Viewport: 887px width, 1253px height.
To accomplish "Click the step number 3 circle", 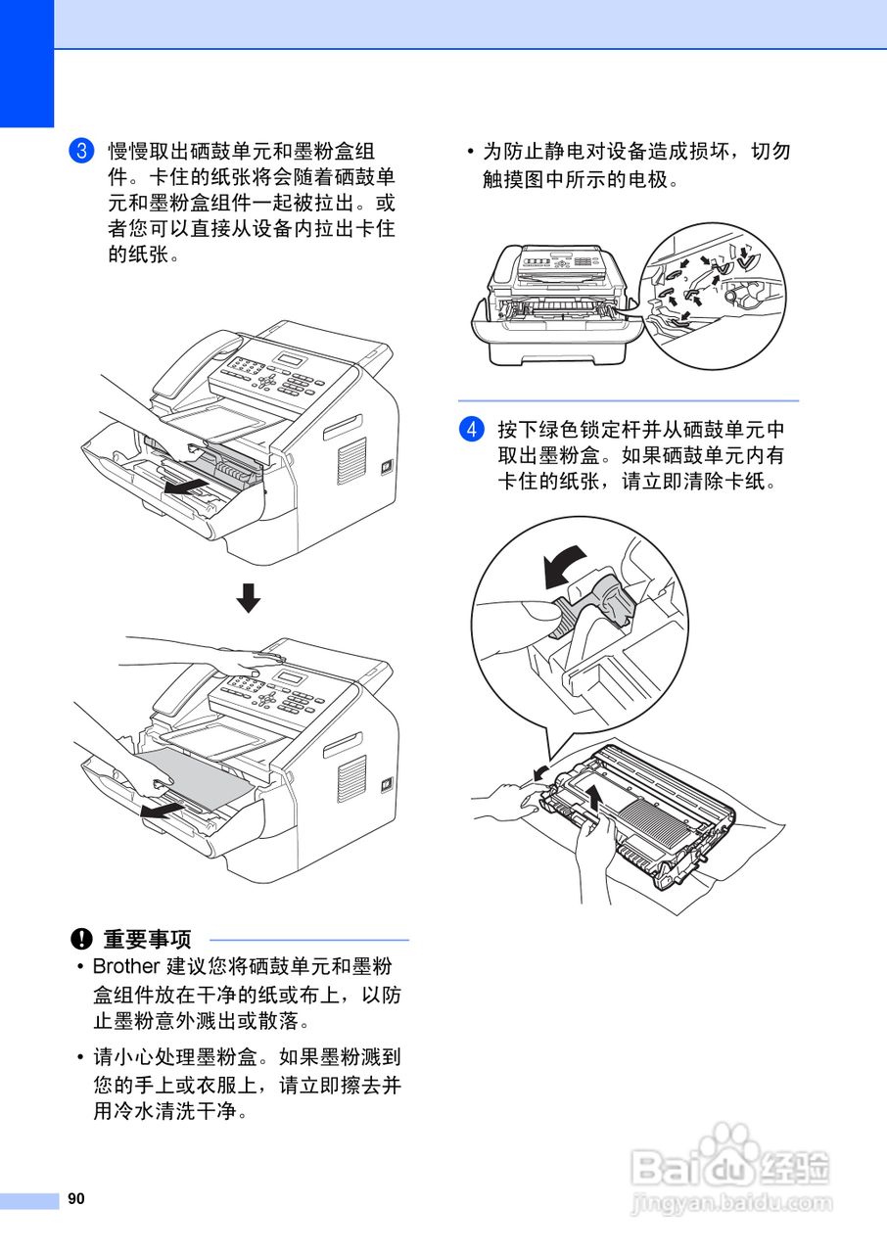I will [x=81, y=152].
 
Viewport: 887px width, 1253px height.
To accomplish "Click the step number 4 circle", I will [x=471, y=431].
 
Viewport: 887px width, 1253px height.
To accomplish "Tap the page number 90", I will [x=76, y=1199].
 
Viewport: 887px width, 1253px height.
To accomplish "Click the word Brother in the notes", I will [x=125, y=967].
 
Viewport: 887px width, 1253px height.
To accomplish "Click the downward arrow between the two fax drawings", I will [x=249, y=597].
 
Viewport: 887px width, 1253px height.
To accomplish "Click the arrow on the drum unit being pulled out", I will [x=186, y=486].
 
